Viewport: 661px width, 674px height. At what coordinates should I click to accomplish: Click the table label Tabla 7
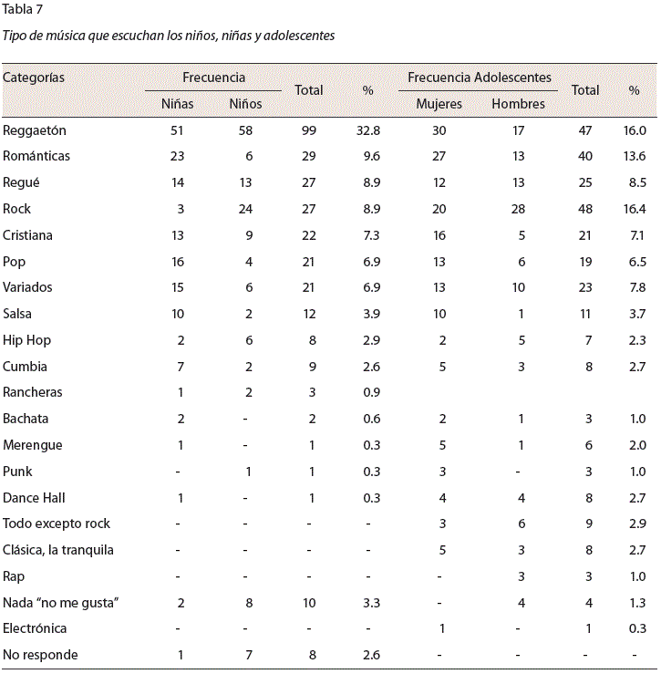click(23, 9)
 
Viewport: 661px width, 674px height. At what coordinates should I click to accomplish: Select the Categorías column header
click(34, 78)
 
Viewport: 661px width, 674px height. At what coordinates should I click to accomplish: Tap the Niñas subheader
click(177, 104)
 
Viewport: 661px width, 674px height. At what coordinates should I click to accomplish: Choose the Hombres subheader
click(518, 104)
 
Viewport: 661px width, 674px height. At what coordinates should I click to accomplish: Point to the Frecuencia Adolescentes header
click(480, 78)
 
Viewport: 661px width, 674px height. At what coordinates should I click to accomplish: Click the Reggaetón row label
click(35, 130)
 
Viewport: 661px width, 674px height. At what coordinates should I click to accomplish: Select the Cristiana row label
click(27, 235)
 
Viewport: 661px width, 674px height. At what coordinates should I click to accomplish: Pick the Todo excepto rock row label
click(57, 524)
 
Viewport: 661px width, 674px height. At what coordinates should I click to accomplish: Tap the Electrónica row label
click(35, 628)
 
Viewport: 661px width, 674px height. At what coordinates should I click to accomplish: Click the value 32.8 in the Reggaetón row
click(368, 130)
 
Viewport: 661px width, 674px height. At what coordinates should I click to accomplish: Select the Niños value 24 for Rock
click(245, 209)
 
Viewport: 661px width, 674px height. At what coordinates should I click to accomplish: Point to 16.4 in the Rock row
click(635, 209)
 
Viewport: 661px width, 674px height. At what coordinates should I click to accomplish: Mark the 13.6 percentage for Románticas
click(635, 156)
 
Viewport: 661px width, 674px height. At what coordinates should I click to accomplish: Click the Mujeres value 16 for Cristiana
click(439, 235)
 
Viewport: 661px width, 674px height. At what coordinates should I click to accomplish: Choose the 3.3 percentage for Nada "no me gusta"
click(371, 603)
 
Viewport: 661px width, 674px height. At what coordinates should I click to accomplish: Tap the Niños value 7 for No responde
click(249, 655)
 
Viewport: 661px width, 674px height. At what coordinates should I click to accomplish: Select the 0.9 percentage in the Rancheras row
click(371, 392)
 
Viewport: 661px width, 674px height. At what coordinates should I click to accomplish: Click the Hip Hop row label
click(26, 340)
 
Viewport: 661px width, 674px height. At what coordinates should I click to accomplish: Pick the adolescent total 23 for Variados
click(585, 287)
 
